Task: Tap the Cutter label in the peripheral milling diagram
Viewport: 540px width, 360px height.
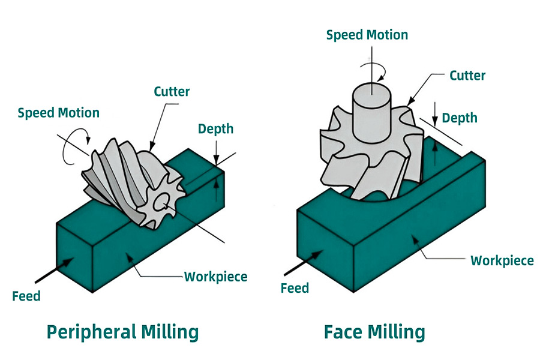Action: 172,92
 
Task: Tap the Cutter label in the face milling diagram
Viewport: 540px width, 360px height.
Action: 467,76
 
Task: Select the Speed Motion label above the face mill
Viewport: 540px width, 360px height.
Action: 367,35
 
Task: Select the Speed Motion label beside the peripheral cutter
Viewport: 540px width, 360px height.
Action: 59,112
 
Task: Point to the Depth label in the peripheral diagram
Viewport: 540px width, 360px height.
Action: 215,128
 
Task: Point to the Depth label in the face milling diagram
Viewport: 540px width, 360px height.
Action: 460,117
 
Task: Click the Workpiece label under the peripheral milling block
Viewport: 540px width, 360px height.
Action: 215,277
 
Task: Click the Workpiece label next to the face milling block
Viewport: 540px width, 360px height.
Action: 502,260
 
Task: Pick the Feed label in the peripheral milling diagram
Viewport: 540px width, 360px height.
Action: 26,296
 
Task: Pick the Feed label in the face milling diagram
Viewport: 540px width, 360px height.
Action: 295,288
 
